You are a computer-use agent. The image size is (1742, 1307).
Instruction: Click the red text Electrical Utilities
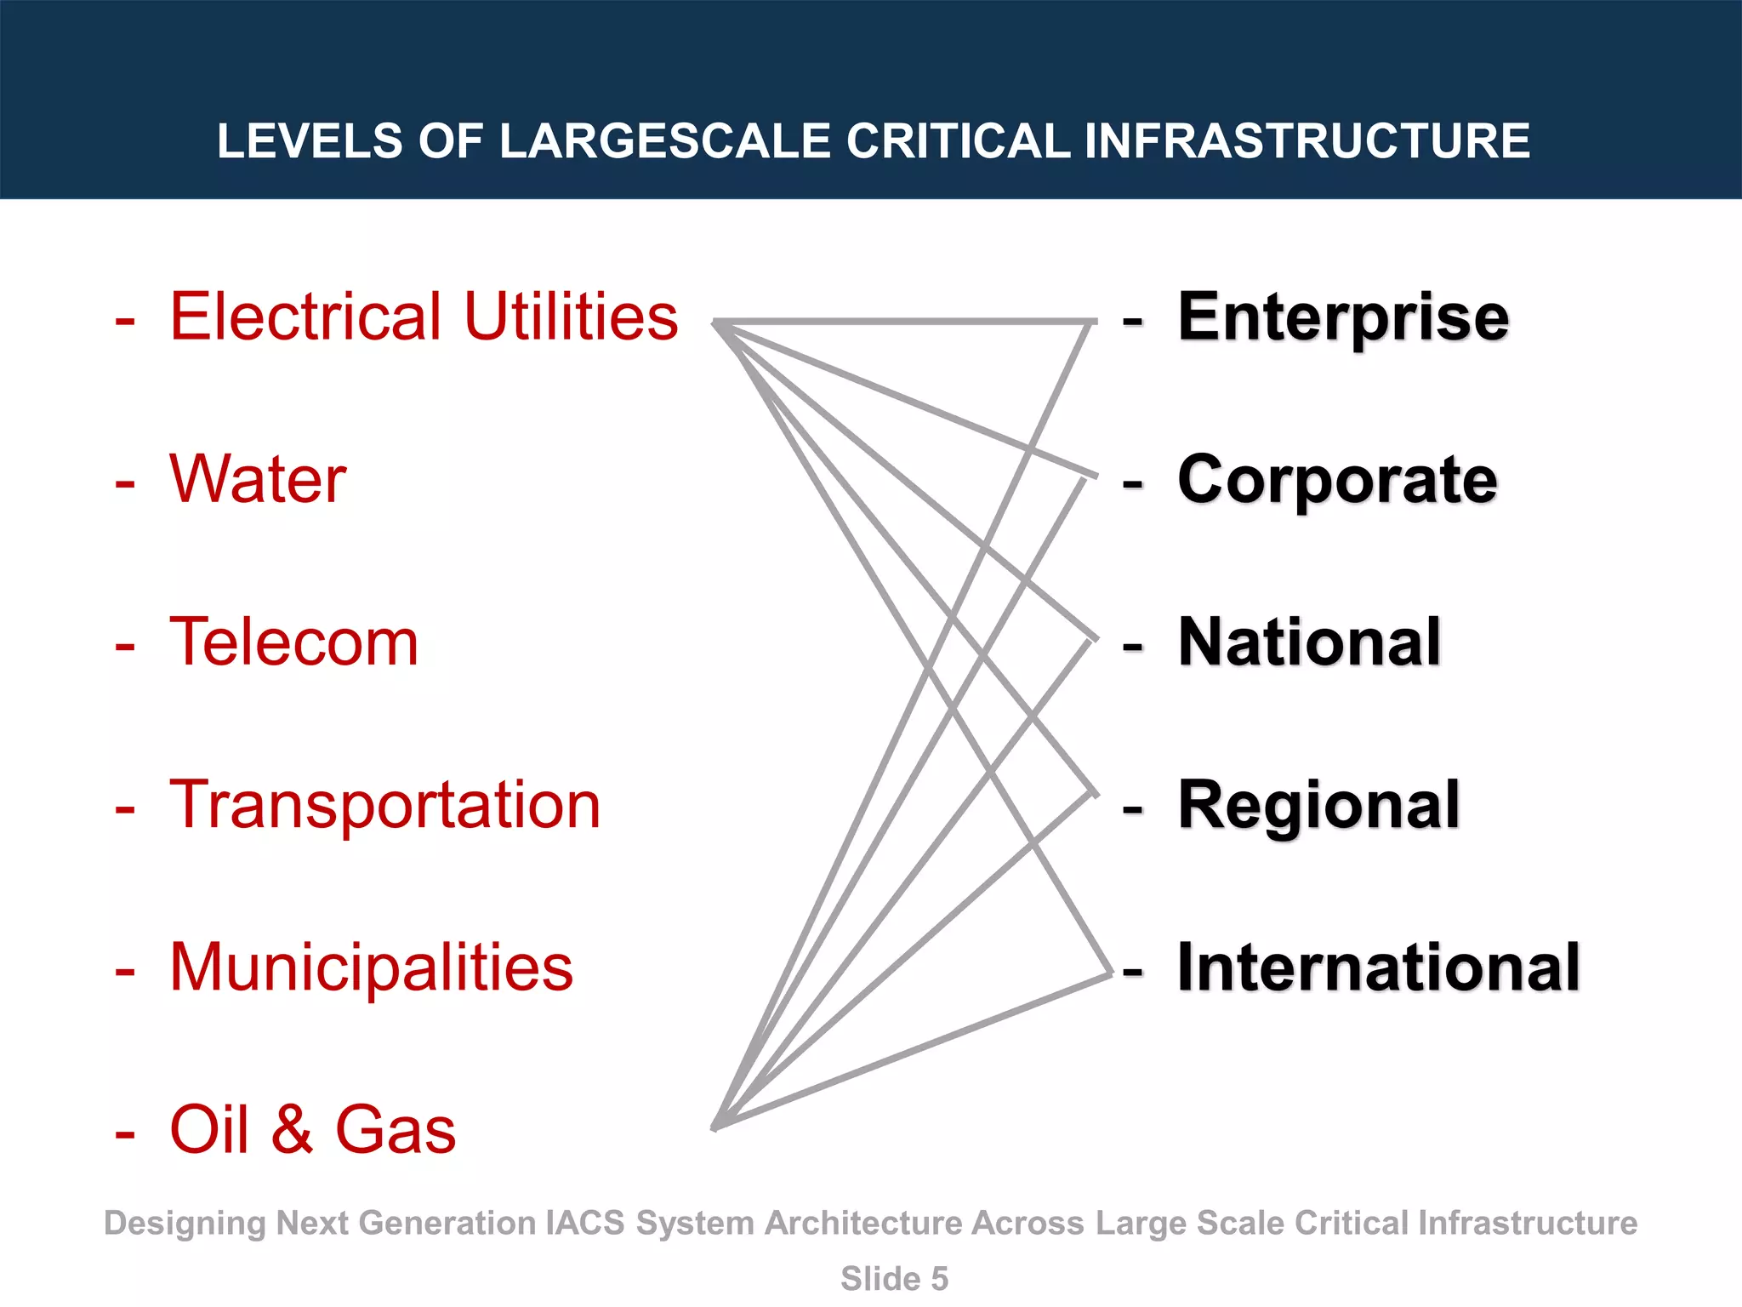[424, 317]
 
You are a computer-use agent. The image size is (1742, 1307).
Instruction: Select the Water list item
[258, 479]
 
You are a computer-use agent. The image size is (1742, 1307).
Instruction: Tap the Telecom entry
[293, 642]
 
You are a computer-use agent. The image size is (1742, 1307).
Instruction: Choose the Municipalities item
[372, 967]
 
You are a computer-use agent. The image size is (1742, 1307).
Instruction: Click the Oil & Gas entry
[312, 1130]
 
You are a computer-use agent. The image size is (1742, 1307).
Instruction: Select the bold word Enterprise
[1343, 317]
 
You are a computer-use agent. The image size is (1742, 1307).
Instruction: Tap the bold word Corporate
[1337, 480]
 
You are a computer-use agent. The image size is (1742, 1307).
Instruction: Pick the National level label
[1309, 642]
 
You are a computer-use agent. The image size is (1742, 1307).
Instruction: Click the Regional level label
[1318, 805]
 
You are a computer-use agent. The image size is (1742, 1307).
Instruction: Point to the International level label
[1378, 967]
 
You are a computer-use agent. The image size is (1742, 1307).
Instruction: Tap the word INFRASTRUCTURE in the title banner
[1307, 141]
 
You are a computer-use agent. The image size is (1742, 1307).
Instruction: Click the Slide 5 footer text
[894, 1279]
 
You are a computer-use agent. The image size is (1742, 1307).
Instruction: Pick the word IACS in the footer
[585, 1224]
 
